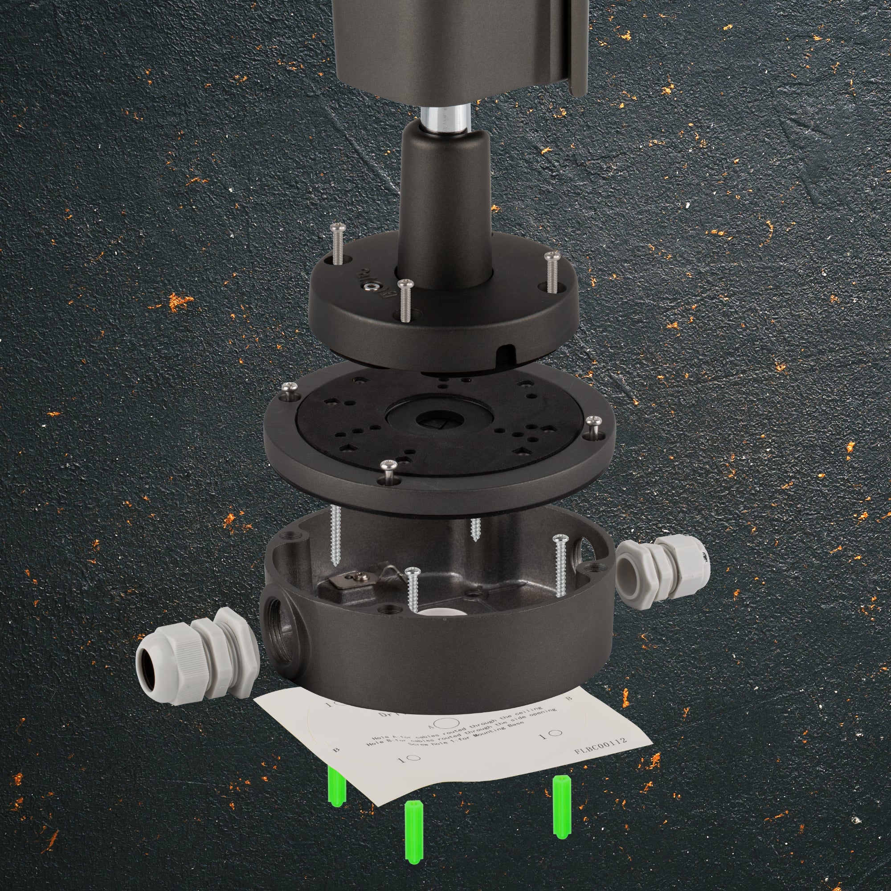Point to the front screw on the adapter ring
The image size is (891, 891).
click(388, 470)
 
